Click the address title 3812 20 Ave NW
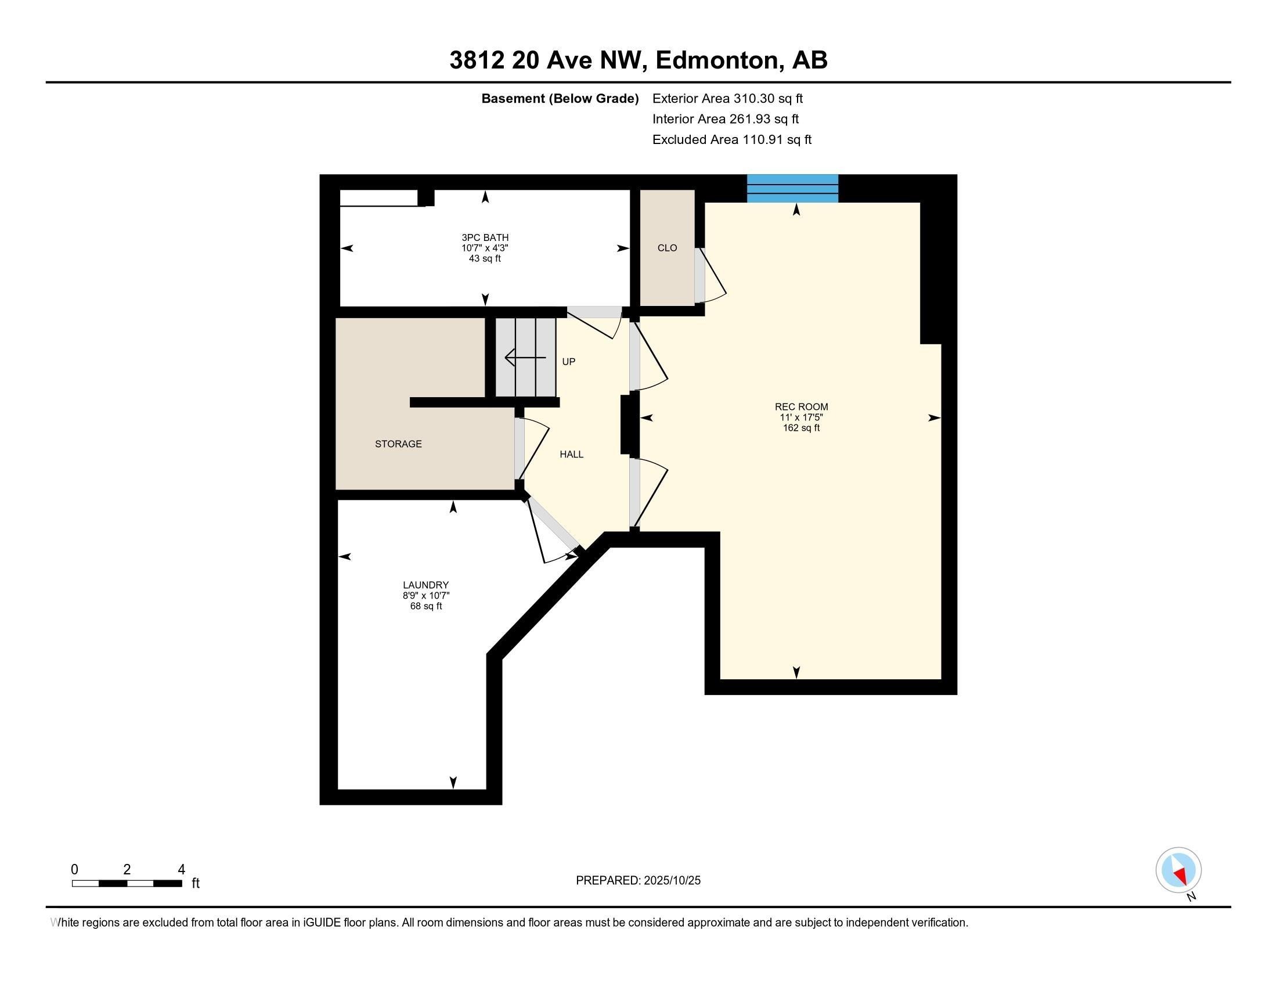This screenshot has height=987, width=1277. click(x=638, y=60)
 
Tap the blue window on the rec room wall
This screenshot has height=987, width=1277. click(x=792, y=188)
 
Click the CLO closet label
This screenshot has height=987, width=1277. click(x=666, y=248)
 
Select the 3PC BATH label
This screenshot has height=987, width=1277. click(x=485, y=237)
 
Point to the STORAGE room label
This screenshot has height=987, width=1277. click(x=398, y=444)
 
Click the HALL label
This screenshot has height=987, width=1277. click(x=571, y=455)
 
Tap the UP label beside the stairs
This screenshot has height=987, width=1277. click(x=568, y=362)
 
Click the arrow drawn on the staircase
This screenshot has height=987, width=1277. click(x=525, y=357)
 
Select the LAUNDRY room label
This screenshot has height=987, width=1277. click(x=425, y=585)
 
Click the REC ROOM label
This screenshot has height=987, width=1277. click(x=801, y=407)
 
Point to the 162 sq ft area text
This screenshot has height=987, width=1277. click(x=801, y=428)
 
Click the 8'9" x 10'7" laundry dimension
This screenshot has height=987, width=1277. click(x=425, y=595)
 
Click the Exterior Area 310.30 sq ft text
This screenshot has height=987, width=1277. click(x=727, y=99)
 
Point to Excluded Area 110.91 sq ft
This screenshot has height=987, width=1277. click(x=731, y=140)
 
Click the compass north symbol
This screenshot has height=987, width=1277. click(x=1178, y=870)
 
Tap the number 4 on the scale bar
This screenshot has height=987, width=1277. click(x=181, y=870)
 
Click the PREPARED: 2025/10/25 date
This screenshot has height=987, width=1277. click(x=638, y=881)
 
